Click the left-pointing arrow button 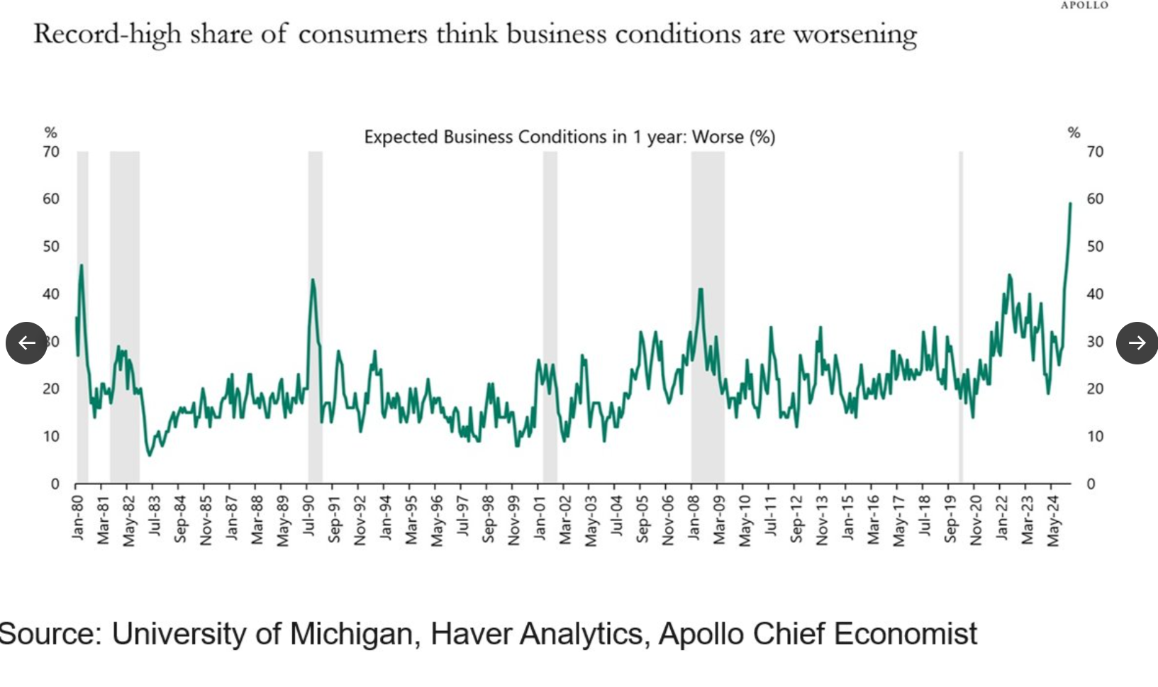pos(27,343)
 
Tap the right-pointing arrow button pos(1137,343)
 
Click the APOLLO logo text pos(1084,6)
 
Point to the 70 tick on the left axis pos(51,152)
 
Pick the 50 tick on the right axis pos(1095,247)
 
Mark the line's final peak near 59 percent pos(1070,204)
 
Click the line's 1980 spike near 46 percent pos(82,266)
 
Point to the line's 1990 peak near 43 pos(313,280)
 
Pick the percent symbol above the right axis pos(1074,133)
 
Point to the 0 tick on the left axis pos(55,484)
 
